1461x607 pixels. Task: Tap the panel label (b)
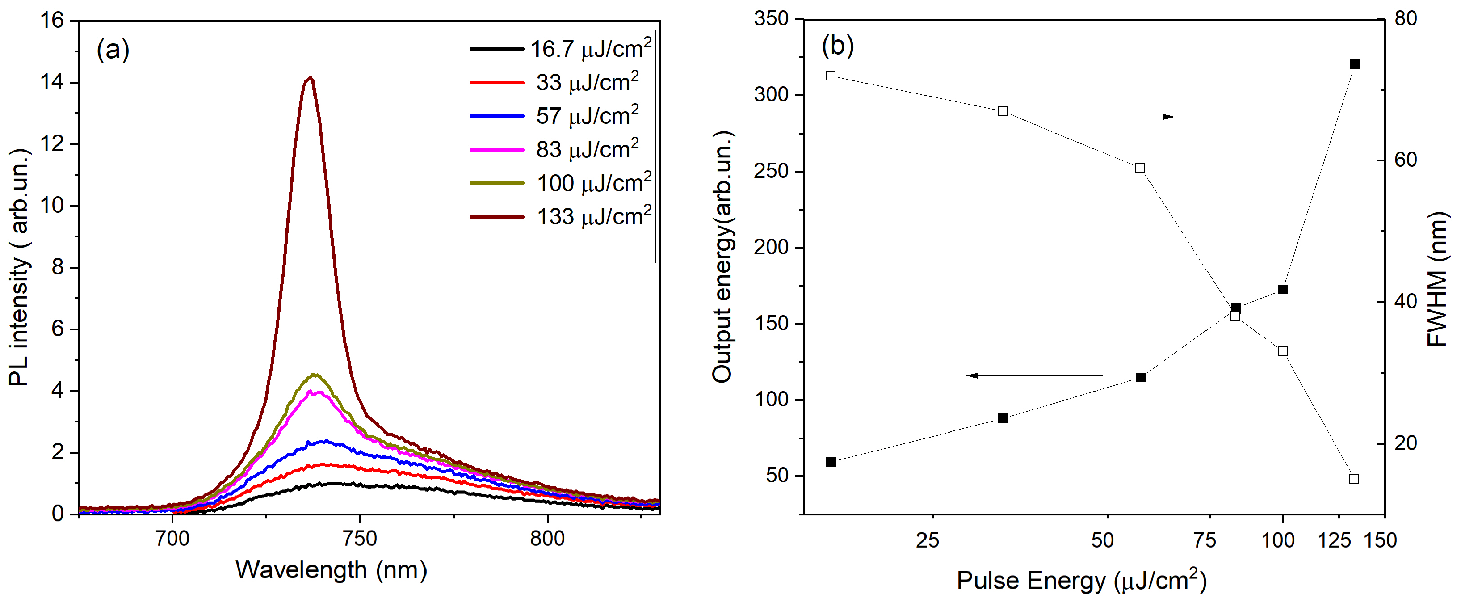tap(838, 46)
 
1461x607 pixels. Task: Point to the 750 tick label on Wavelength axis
tap(360, 538)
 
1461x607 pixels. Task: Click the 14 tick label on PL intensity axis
tap(52, 82)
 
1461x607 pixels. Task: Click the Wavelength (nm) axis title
tap(331, 569)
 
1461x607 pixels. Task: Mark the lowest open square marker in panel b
tap(1354, 479)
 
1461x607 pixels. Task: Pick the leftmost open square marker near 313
tap(831, 76)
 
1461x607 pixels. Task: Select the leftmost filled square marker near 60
tap(831, 462)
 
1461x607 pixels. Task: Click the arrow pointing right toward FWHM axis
tap(1126, 117)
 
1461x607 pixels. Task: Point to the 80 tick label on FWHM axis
tap(1406, 19)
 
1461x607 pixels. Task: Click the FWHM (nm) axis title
tap(1437, 278)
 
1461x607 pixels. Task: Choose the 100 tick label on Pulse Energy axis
tap(1278, 540)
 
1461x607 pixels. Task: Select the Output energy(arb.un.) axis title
tap(722, 257)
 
